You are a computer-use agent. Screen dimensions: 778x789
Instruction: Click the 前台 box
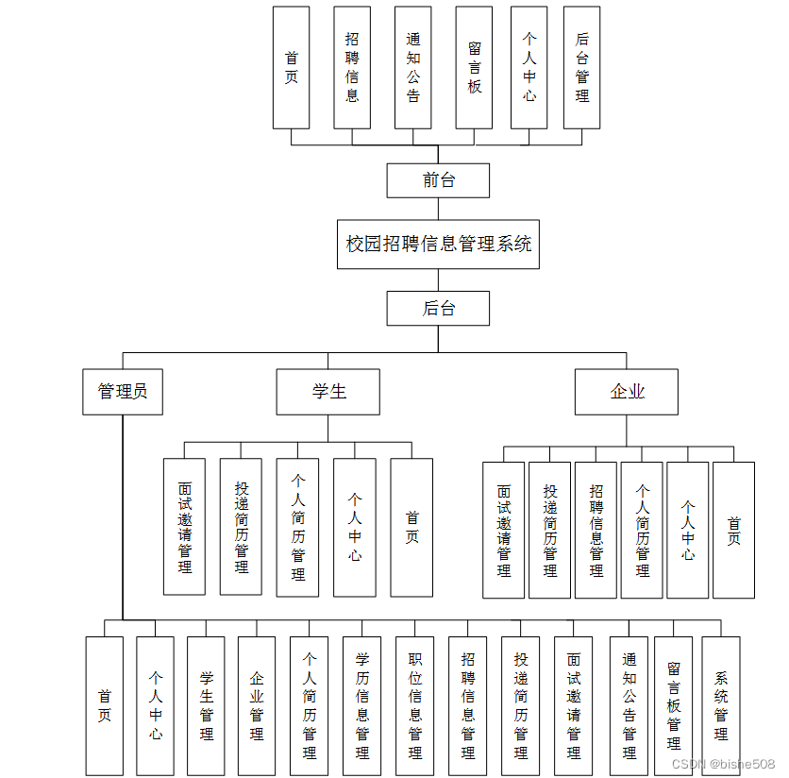[438, 180]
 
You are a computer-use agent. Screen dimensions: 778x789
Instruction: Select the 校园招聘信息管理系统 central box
[438, 245]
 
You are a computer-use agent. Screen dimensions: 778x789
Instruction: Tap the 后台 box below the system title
[438, 308]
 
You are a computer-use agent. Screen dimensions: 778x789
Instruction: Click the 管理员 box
[123, 392]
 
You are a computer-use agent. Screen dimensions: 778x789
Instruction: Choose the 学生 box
[327, 392]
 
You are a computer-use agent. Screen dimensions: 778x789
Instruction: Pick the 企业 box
[626, 392]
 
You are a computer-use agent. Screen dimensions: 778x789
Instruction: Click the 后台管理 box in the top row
[581, 68]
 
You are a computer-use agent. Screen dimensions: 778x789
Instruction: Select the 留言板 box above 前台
[474, 68]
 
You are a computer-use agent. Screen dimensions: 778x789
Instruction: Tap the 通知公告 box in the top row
[412, 68]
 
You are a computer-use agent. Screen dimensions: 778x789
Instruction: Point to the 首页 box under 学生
[411, 528]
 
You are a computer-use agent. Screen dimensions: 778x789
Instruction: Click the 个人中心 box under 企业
[687, 530]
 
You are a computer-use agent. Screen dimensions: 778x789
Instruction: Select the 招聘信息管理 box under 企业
[596, 530]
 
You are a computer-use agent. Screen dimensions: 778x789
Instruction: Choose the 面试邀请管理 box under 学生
[184, 527]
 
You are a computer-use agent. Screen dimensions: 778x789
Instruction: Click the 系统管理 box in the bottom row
[721, 705]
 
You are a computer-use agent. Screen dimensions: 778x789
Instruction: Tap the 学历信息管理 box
[361, 705]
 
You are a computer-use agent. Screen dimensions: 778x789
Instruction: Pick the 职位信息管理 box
[414, 705]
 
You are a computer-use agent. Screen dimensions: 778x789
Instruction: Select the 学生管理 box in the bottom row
[206, 705]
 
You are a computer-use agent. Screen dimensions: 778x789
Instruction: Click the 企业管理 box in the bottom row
[257, 705]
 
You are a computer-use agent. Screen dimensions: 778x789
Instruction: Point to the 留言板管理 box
[673, 705]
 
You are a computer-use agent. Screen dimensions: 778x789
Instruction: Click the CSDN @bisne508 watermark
[723, 763]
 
